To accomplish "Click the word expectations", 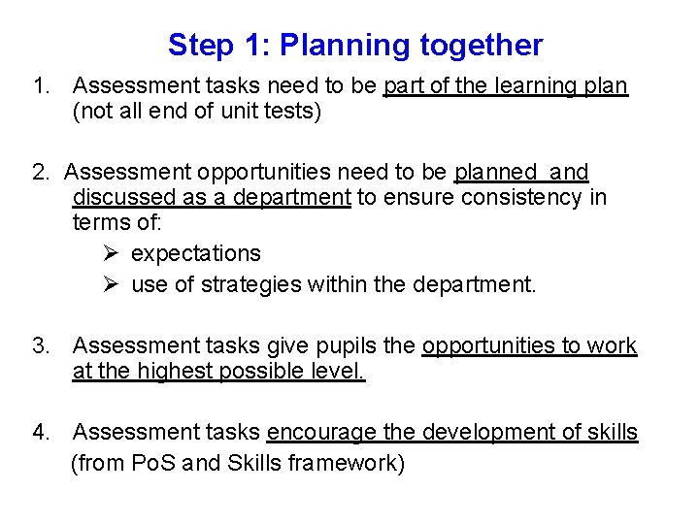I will pos(196,254).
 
